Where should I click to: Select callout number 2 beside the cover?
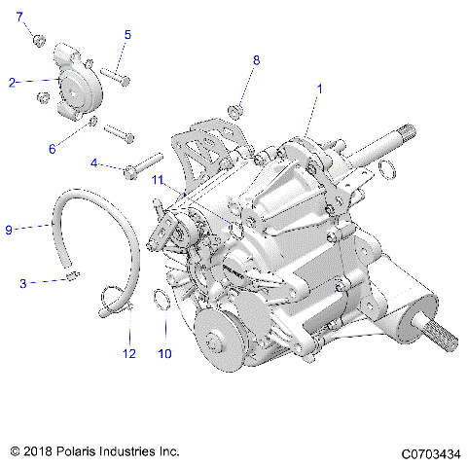[x=13, y=83]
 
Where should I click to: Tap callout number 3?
[x=21, y=283]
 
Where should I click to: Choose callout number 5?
[x=126, y=34]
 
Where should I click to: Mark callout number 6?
[x=54, y=148]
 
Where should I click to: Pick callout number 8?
[x=256, y=60]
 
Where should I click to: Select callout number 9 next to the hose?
[x=9, y=230]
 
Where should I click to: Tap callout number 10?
[x=164, y=353]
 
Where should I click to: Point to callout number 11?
[x=156, y=180]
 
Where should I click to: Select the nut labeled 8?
[x=236, y=109]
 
